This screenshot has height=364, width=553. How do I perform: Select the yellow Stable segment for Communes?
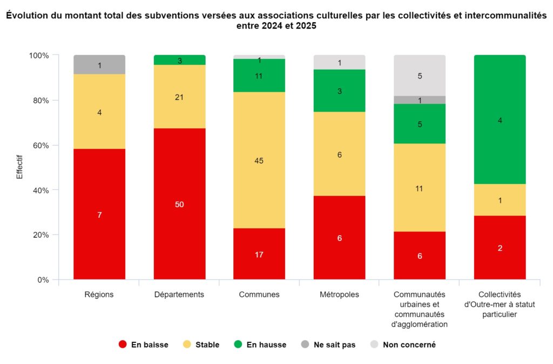click(259, 160)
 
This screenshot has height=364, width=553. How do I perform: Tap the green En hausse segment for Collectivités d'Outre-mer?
click(500, 120)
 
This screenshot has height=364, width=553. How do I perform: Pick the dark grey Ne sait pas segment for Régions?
click(99, 65)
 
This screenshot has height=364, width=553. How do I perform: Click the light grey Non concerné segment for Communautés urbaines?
click(419, 75)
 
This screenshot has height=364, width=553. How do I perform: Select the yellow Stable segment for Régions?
click(99, 112)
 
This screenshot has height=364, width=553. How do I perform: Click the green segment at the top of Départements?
click(179, 60)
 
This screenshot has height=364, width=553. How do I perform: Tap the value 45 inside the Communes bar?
click(259, 161)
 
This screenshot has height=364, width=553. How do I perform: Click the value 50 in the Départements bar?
click(179, 204)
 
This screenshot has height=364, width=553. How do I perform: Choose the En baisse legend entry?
click(143, 345)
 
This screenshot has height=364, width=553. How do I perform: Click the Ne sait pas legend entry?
click(328, 345)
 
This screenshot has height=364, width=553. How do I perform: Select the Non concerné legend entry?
click(403, 345)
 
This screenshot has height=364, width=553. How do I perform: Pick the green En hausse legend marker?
click(239, 345)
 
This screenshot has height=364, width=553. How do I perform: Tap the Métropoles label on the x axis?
click(339, 294)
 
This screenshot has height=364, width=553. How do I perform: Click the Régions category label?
click(99, 294)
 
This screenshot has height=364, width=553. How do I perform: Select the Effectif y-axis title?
click(20, 168)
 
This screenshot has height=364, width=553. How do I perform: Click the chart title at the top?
click(276, 21)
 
